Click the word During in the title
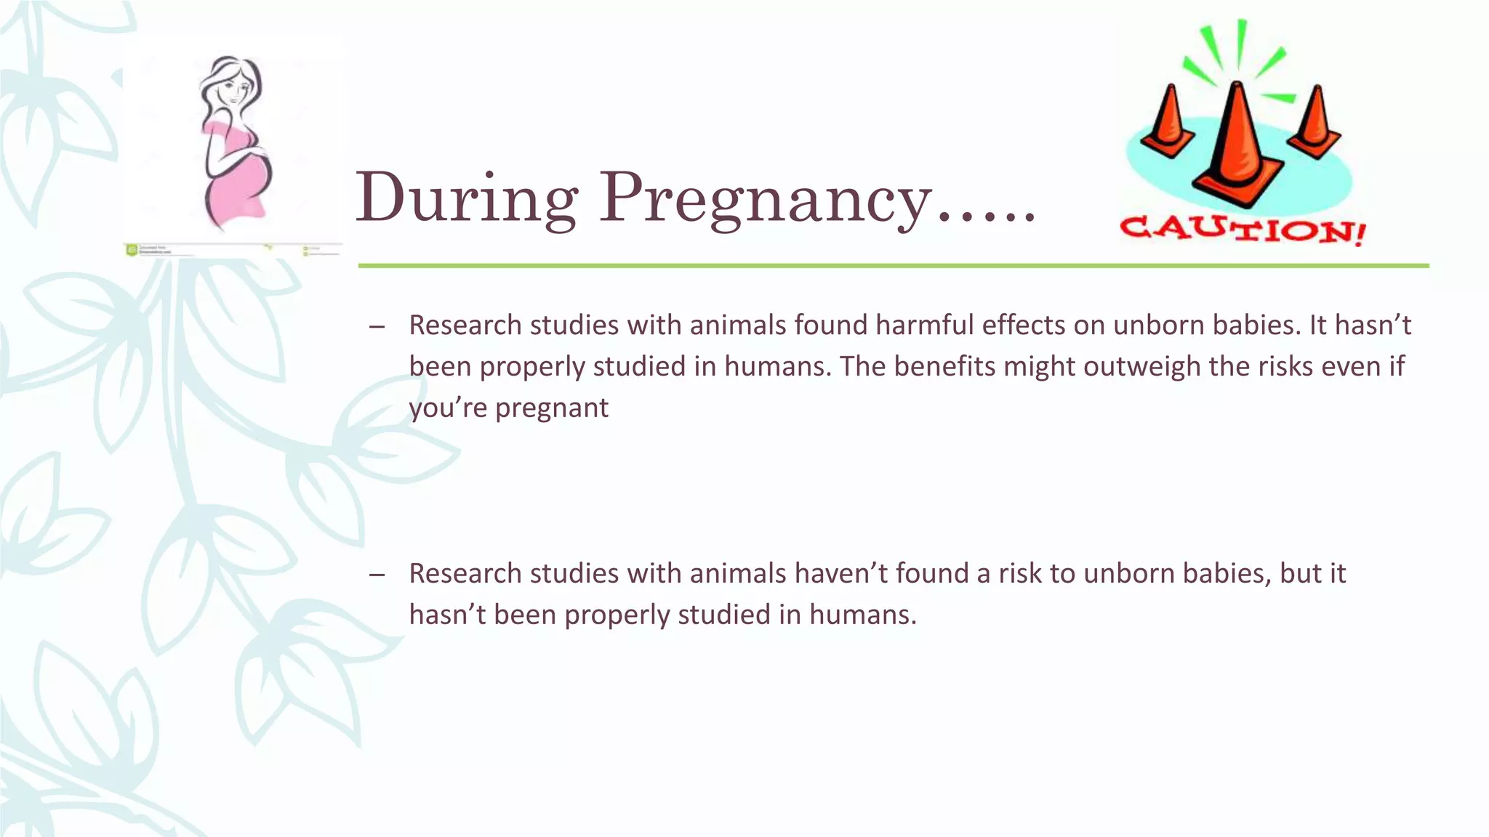(466, 198)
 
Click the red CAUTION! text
(1243, 230)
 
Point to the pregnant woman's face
(234, 91)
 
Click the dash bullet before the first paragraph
(377, 326)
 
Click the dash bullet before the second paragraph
(377, 575)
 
